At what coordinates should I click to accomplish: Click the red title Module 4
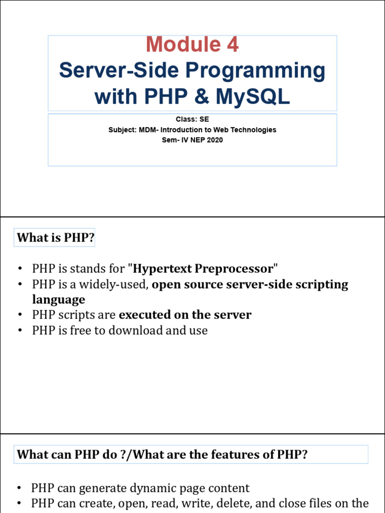[x=192, y=44]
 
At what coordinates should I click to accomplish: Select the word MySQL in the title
[x=253, y=96]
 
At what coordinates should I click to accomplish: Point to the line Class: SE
[x=192, y=119]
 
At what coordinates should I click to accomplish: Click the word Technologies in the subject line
[x=253, y=130]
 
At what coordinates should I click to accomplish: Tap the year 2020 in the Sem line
[x=215, y=140]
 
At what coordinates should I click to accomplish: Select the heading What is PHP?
[x=56, y=237]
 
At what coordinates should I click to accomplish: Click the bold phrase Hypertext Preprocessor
[x=203, y=269]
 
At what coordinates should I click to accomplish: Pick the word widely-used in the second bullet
[x=114, y=285]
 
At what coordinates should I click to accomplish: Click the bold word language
[x=59, y=300]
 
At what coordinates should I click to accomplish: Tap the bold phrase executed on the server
[x=185, y=315]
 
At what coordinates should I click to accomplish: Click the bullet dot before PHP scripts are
[x=20, y=315]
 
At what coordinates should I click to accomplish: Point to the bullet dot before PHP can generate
[x=20, y=488]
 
